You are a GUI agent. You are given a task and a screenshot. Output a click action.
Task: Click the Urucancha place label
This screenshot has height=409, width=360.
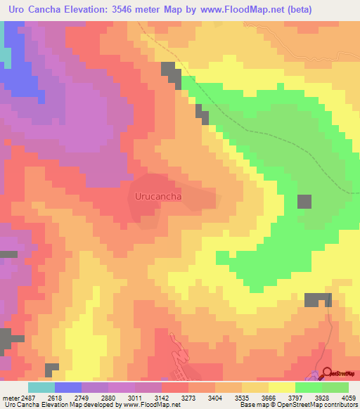coord(158,197)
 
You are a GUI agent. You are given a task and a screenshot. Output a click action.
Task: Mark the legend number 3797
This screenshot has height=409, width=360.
coord(295,397)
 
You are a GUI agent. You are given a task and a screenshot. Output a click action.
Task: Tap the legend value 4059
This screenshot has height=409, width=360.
coord(349,397)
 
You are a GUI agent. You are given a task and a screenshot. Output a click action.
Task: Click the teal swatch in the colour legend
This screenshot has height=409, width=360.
coord(41,387)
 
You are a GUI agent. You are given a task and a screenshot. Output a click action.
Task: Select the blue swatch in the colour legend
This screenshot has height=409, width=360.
coord(68,387)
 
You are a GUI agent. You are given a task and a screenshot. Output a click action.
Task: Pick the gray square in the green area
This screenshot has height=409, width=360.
coord(304,201)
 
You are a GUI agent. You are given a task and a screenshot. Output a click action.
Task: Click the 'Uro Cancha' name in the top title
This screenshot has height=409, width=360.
coord(28,9)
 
